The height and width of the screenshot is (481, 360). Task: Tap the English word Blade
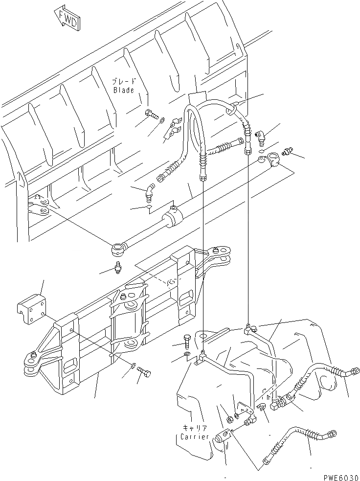point(123,90)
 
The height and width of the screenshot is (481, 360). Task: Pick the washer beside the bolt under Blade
point(162,119)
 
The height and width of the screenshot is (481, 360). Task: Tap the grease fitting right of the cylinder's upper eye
point(289,151)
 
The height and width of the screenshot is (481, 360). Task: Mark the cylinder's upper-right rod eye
point(272,160)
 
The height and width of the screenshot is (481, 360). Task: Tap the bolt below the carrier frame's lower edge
point(143,375)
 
